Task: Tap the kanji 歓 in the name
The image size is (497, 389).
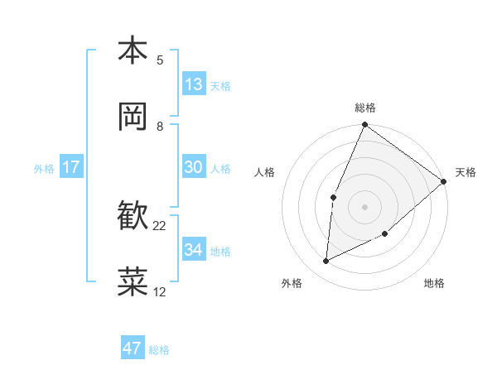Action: coord(133,216)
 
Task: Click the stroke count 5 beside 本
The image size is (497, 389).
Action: coord(160,60)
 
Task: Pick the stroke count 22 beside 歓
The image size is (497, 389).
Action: coord(160,226)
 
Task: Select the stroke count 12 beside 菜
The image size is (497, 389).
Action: coord(160,292)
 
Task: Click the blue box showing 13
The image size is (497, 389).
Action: coord(194,84)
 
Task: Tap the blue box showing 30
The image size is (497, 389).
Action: coord(194,167)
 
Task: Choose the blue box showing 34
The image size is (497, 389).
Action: coord(194,250)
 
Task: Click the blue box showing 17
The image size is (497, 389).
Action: coord(71,167)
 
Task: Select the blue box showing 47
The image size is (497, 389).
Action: coord(133,348)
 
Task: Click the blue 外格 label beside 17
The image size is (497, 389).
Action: coord(44,168)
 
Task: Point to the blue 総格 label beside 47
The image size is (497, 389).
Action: coord(159,349)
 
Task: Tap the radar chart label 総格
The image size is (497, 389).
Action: coord(365,108)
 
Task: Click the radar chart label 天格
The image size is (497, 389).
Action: coord(466,172)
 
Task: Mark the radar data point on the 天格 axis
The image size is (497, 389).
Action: coord(444,181)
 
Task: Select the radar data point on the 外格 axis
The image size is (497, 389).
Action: coord(326,261)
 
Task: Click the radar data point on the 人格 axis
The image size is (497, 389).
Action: coord(333,197)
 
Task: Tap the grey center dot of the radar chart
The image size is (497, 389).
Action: coord(365,207)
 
